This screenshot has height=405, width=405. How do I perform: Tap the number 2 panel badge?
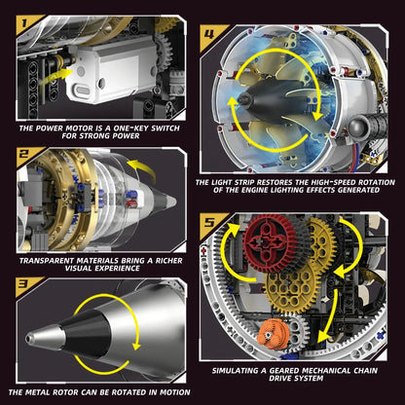pyautogui.click(x=20, y=153)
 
